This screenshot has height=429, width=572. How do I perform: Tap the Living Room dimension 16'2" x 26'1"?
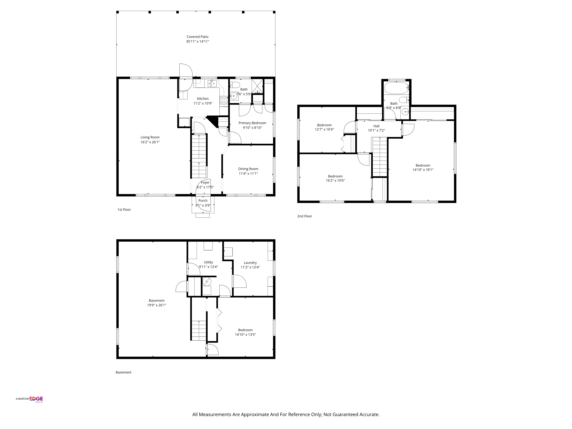point(150,142)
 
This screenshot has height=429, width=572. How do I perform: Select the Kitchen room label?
point(203,99)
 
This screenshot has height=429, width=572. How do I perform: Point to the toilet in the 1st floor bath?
point(235,85)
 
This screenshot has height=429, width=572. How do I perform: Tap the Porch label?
point(203,201)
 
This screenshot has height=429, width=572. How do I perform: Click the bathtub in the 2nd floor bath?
point(396,88)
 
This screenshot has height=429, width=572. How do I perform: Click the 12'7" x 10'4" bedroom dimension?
point(324,129)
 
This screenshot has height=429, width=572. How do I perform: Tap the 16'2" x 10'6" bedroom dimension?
point(335,180)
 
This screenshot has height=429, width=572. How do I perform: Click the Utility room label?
point(208,262)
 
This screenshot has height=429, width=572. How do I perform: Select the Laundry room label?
point(250,262)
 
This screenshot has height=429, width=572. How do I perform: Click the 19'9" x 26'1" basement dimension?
point(156,305)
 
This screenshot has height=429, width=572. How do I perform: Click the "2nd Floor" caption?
point(305,216)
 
